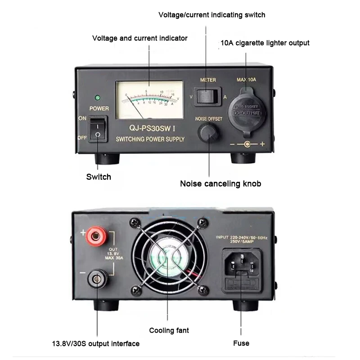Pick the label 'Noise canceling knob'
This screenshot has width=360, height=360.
[220, 184]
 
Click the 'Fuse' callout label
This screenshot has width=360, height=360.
[241, 343]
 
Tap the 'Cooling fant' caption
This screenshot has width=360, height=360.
[169, 331]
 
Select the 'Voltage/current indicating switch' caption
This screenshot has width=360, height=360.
[211, 15]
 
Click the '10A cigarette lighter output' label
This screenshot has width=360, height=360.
[265, 43]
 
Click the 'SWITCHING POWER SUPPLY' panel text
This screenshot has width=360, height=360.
[150, 139]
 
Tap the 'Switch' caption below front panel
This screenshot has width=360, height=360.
[99, 177]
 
